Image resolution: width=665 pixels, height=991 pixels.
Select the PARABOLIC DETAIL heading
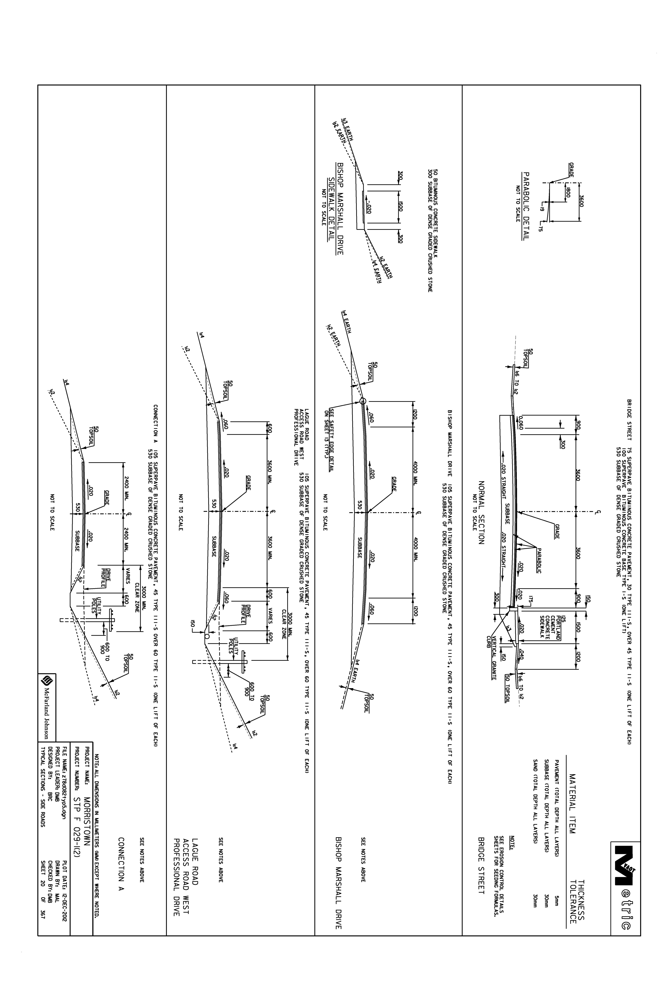coord(526,206)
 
